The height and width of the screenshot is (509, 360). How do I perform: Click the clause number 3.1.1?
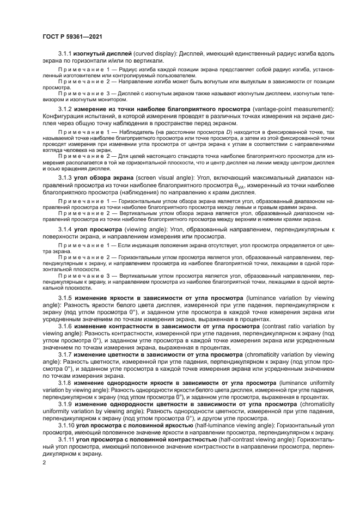(65, 56)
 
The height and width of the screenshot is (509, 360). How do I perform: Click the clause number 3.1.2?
(65, 110)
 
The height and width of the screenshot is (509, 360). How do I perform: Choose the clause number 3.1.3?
(65, 178)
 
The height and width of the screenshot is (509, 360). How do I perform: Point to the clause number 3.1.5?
(65, 299)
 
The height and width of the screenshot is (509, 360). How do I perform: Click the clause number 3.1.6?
(65, 326)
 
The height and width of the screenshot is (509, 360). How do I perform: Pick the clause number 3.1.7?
(65, 354)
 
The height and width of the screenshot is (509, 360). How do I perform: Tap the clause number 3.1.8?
(65, 383)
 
